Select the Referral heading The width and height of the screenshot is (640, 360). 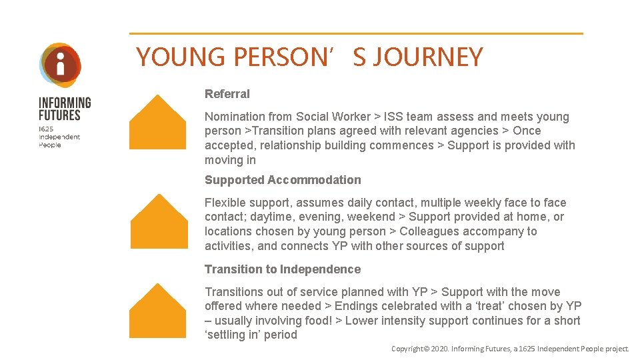click(227, 94)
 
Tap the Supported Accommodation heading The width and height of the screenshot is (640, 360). click(283, 180)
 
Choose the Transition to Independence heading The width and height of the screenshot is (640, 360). click(283, 269)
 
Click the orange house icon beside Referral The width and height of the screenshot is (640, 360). click(158, 123)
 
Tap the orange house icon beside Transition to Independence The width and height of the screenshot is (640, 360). click(158, 311)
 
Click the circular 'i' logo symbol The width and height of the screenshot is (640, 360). click(61, 65)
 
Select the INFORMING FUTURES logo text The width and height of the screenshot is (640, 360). click(65, 109)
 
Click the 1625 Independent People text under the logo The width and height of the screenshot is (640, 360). click(59, 136)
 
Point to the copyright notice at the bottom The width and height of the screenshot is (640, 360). click(510, 349)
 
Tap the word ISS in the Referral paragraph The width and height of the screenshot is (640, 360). click(393, 117)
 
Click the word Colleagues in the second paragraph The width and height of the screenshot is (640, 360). click(428, 231)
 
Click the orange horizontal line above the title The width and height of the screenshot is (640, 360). click(356, 33)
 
